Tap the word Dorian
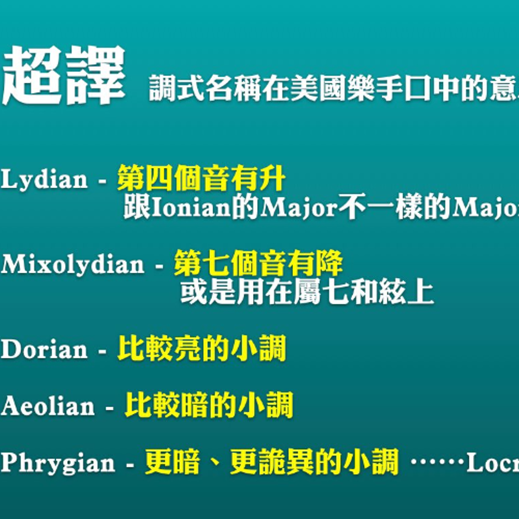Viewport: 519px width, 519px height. coord(44,350)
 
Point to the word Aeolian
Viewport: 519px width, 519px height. coord(48,406)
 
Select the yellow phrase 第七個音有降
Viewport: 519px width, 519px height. coord(258,263)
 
